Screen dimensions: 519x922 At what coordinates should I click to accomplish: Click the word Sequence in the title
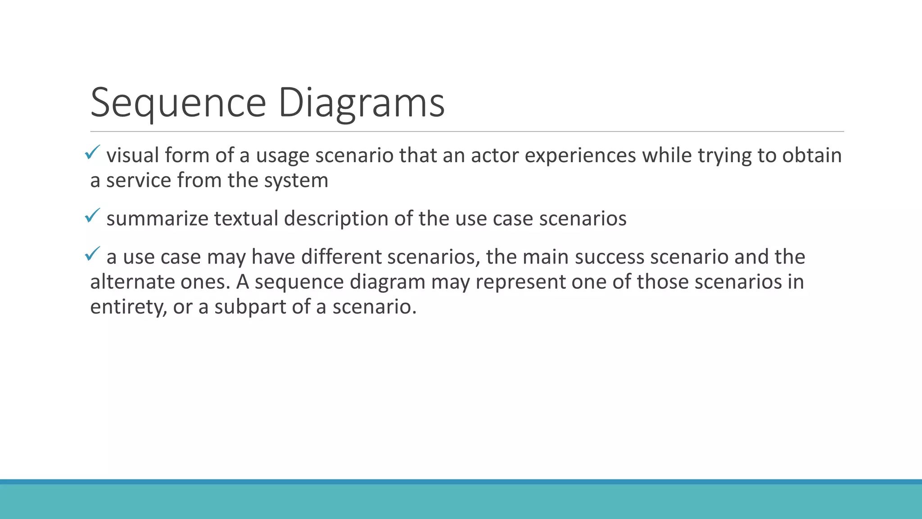(x=178, y=103)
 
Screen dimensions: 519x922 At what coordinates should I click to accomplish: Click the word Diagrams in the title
(x=362, y=103)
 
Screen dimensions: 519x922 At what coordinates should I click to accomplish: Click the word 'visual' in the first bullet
(x=132, y=155)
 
